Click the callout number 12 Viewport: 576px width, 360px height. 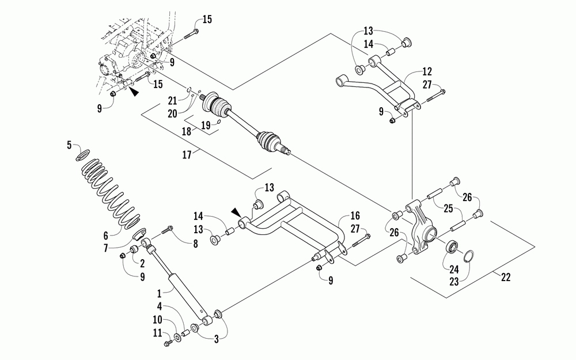pyautogui.click(x=427, y=71)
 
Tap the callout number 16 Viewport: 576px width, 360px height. pyautogui.click(x=355, y=215)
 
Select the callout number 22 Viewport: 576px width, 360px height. pyautogui.click(x=506, y=278)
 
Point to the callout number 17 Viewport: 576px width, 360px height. pyautogui.click(x=187, y=154)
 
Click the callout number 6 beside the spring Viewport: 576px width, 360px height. pyautogui.click(x=107, y=236)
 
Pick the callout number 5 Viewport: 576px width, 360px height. pyautogui.click(x=69, y=145)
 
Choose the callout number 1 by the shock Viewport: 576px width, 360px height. pyautogui.click(x=159, y=294)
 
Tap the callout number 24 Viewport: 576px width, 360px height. pyautogui.click(x=454, y=270)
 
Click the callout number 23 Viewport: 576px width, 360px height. pyautogui.click(x=454, y=281)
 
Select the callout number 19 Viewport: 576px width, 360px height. pyautogui.click(x=206, y=125)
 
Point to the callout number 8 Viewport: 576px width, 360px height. pyautogui.click(x=195, y=244)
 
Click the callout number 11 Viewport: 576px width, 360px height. pyautogui.click(x=158, y=333)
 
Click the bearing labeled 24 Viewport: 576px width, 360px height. pyautogui.click(x=451, y=247)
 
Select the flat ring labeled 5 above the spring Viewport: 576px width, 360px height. pyautogui.click(x=83, y=154)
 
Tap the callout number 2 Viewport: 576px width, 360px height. pyautogui.click(x=142, y=263)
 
